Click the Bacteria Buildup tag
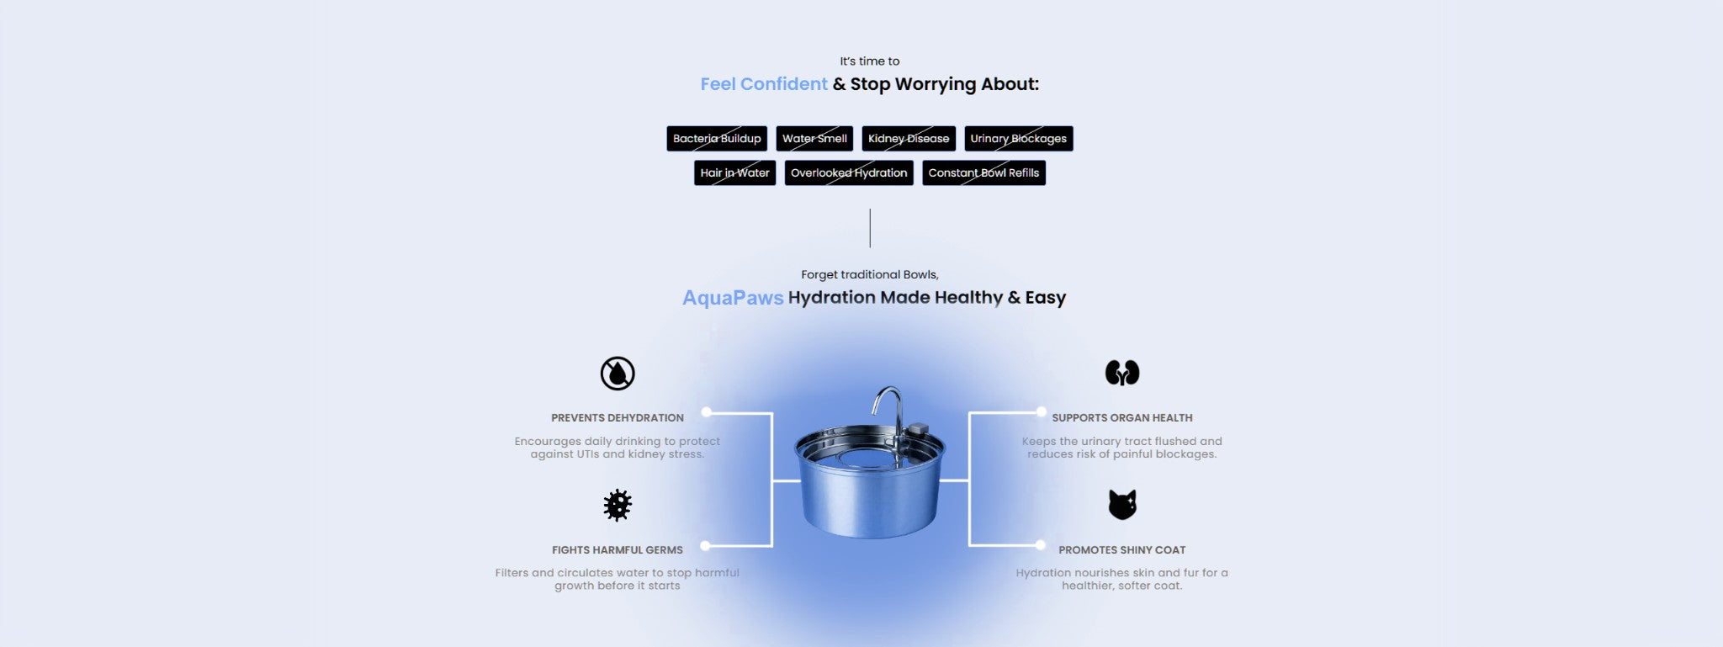click(717, 139)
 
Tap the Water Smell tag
click(814, 139)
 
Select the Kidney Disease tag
click(909, 139)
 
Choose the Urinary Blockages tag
click(1019, 139)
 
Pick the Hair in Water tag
click(734, 172)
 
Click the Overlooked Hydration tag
click(849, 172)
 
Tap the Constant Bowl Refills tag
click(983, 172)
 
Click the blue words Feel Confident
click(764, 84)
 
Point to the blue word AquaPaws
click(733, 298)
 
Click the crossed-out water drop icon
click(618, 374)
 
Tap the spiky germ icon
click(618, 506)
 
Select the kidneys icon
click(1122, 373)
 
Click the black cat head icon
click(1122, 505)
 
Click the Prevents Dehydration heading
click(618, 418)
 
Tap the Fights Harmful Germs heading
click(618, 550)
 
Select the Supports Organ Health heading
click(1122, 418)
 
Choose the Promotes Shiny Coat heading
click(1122, 550)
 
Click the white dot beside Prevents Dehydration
click(707, 412)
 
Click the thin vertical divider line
click(870, 228)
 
